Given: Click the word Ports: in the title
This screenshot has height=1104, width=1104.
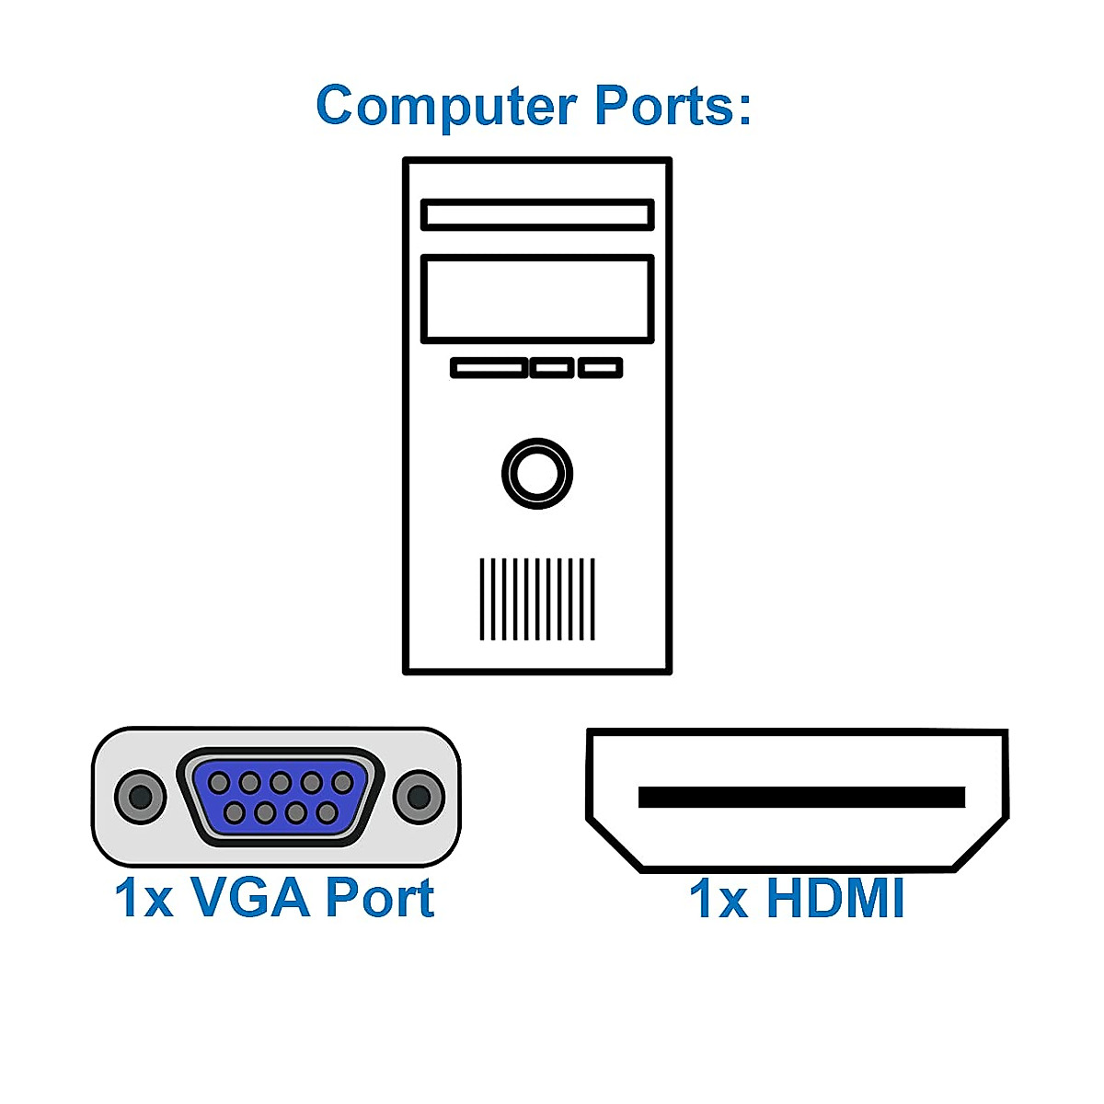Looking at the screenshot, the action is [673, 106].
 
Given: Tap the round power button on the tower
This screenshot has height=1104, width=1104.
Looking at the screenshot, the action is [537, 474].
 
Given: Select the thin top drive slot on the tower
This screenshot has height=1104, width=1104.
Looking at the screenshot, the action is [537, 215].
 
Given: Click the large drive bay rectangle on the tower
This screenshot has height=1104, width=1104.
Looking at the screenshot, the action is [537, 299].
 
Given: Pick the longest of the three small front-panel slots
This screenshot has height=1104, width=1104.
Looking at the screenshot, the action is [489, 368].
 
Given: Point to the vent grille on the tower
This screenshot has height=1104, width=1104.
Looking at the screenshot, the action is [537, 599].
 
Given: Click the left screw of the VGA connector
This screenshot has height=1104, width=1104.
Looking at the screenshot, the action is [140, 797].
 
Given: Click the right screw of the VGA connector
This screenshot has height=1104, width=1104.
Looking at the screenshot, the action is [418, 797].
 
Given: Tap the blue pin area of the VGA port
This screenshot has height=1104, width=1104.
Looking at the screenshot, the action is [280, 798].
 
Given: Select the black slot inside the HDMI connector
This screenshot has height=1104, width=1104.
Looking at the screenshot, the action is [801, 798].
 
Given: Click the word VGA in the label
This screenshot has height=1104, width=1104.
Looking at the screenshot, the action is [250, 898].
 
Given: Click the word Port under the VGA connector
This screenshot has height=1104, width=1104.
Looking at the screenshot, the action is [379, 898].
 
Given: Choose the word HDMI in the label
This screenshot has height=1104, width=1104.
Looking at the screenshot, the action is [835, 899].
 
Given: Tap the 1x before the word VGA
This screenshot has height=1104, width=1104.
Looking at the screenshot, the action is [144, 899].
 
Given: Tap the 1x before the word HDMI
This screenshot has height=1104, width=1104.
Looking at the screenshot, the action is [719, 900].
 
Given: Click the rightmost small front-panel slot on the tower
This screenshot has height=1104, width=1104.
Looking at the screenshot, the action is [600, 368].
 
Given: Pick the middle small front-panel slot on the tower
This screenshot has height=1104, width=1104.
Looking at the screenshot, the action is [552, 368].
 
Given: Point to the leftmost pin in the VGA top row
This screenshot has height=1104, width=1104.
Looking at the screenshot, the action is [219, 783].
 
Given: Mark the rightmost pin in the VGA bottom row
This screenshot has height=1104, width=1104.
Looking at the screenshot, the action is [327, 813].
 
